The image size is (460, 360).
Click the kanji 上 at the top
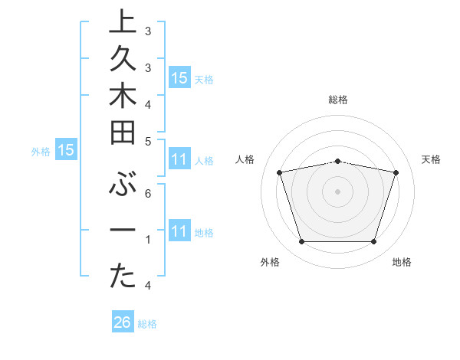tap(123, 21)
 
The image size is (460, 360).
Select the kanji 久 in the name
tap(123, 59)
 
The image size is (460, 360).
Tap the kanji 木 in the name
tap(123, 97)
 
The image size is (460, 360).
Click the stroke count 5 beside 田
tap(148, 141)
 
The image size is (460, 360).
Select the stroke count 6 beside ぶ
tap(148, 195)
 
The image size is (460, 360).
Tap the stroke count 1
tap(148, 240)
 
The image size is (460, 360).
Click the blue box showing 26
tap(122, 323)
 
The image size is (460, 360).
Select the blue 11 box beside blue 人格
tap(179, 160)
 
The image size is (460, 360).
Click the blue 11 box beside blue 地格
tap(179, 231)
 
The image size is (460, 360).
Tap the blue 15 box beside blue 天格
tap(179, 78)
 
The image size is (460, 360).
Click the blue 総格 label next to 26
tap(148, 324)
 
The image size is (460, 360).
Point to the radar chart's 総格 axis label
tap(338, 100)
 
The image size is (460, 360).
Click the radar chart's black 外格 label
tap(270, 262)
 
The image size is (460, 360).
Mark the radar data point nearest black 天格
tap(396, 172)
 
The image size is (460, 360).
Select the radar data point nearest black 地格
tap(373, 242)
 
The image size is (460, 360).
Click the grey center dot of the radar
tap(337, 191)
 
